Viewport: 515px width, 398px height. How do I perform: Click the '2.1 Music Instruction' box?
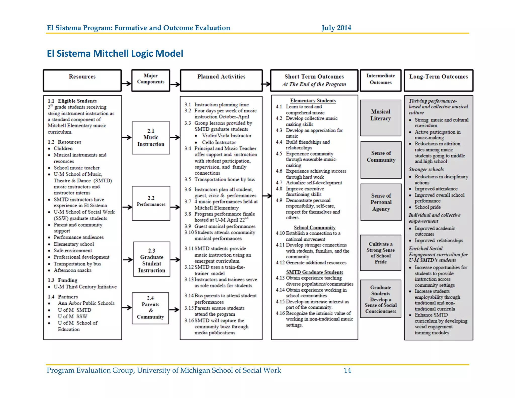151,138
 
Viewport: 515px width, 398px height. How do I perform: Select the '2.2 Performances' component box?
151,203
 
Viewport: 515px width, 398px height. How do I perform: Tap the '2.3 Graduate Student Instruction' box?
152,259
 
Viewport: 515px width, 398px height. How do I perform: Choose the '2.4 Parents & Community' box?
150,308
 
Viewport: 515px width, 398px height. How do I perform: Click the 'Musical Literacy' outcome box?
380,118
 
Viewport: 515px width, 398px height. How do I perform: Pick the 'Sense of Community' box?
381,160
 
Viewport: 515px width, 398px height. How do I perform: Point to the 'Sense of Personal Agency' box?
381,202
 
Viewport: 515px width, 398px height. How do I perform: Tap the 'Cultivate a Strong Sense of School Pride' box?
380,253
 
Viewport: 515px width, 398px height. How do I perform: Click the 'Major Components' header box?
151,80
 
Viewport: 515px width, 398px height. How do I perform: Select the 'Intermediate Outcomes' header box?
380,80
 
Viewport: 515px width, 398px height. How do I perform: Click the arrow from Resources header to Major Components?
126,84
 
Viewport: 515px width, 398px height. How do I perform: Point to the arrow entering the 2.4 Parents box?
127,307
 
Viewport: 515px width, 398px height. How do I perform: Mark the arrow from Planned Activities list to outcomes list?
267,195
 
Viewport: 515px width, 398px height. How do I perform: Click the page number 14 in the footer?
347,370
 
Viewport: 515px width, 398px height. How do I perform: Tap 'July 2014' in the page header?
336,28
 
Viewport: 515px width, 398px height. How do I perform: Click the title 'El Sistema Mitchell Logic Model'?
115,54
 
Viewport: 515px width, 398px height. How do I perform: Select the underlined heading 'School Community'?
315,227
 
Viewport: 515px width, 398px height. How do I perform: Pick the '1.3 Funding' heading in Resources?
63,280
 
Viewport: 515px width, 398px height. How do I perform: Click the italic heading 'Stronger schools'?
426,169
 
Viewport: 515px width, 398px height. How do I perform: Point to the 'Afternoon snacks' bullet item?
72,270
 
